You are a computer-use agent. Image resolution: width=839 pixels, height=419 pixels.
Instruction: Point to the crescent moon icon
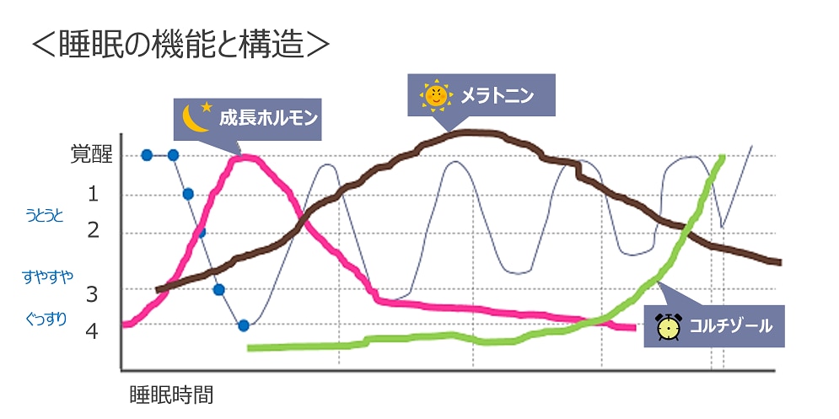pyautogui.click(x=196, y=119)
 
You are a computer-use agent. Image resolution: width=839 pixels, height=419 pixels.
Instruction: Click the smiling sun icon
pyautogui.click(x=435, y=96)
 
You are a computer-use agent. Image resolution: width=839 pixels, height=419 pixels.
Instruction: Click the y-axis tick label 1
pyautogui.click(x=94, y=194)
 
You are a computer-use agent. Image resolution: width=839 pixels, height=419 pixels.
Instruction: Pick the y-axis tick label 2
pyautogui.click(x=94, y=230)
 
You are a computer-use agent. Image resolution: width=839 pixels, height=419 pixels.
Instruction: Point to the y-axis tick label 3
pyautogui.click(x=93, y=294)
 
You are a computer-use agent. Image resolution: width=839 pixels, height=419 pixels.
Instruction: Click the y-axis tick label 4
pyautogui.click(x=93, y=330)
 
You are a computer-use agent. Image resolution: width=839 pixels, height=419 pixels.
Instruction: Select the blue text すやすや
pyautogui.click(x=47, y=275)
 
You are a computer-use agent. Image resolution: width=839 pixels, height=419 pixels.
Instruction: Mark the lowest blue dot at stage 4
pyautogui.click(x=244, y=325)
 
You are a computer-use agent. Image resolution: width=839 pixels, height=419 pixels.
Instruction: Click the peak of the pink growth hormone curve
pyautogui.click(x=245, y=156)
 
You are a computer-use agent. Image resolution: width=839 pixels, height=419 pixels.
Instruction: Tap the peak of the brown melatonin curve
pyautogui.click(x=472, y=132)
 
